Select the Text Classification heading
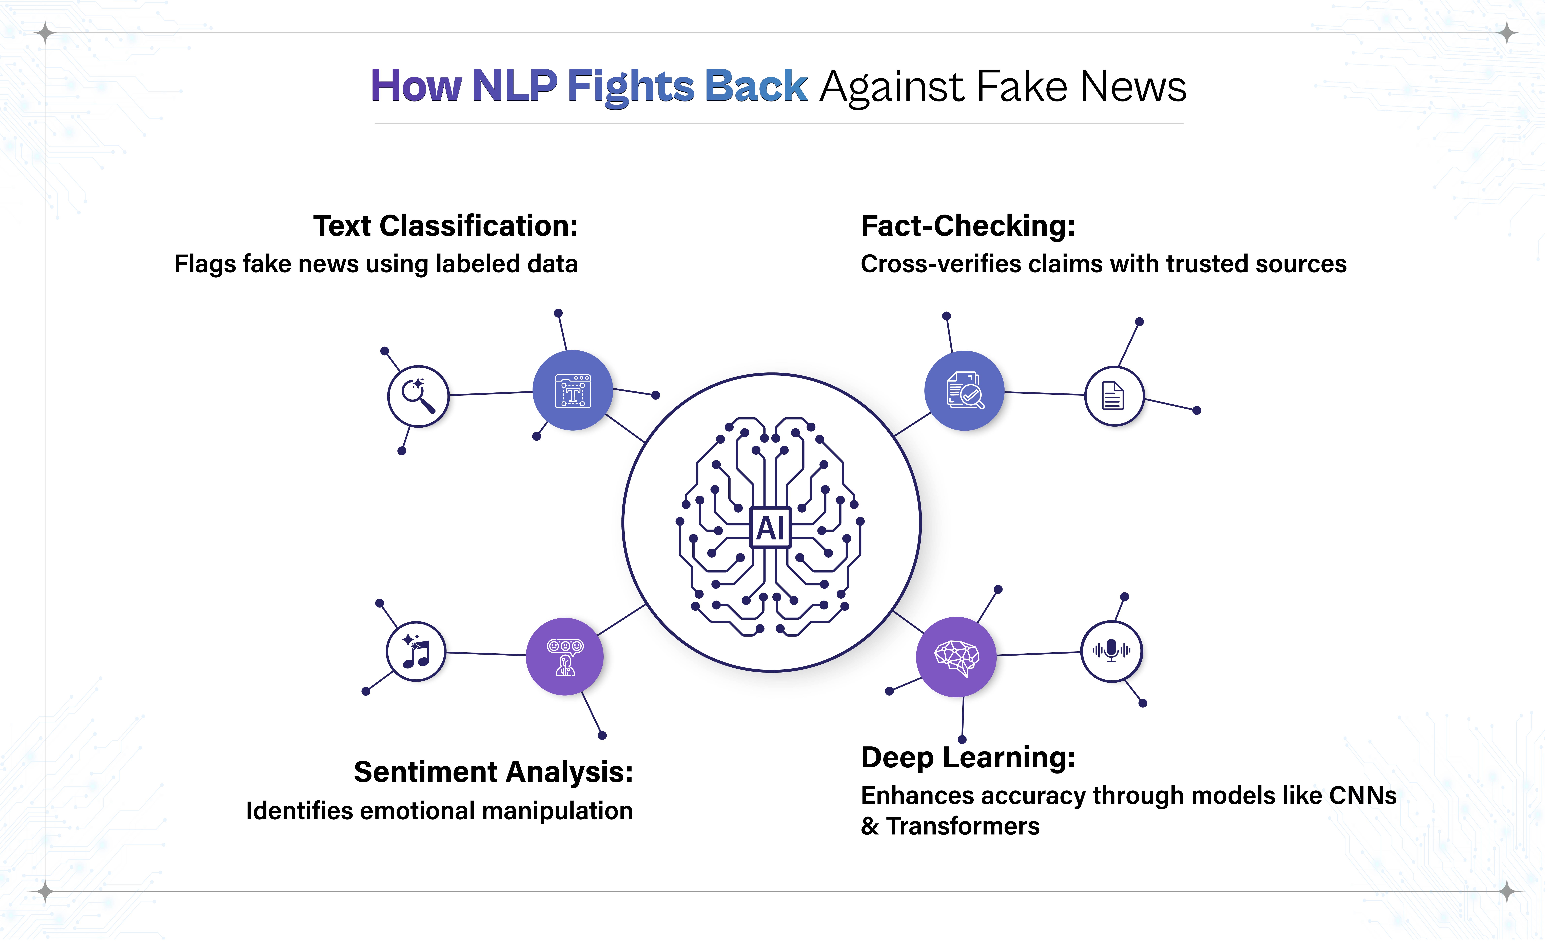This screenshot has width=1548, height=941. pos(445,226)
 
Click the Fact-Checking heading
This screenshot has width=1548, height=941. pos(968,226)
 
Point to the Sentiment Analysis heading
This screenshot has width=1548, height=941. pos(493,772)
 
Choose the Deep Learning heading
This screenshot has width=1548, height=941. pos(968,757)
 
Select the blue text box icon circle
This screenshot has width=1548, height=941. pos(572,390)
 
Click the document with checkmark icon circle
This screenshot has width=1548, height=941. pos(964,390)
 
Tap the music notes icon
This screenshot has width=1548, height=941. pos(415,652)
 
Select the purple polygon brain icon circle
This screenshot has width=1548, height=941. pos(956,657)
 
